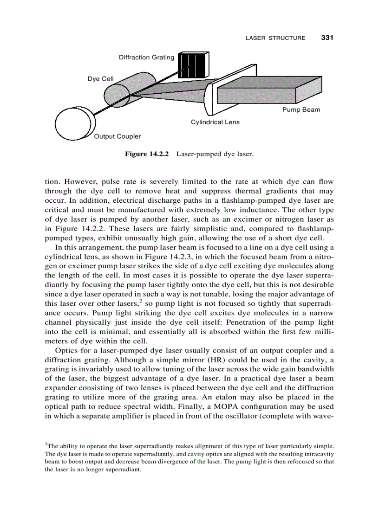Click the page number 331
click(x=328, y=38)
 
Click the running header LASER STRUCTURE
click(x=275, y=38)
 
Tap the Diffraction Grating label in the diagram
click(x=146, y=58)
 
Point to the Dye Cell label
click(x=100, y=79)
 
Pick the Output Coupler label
click(x=117, y=136)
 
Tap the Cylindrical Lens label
click(x=215, y=122)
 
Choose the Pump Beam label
click(x=301, y=110)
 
